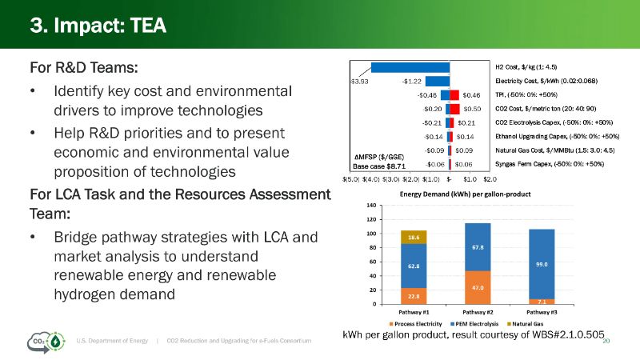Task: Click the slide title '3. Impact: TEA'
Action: click(x=99, y=28)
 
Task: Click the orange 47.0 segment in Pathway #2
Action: click(x=478, y=287)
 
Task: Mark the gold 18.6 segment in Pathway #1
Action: click(x=414, y=238)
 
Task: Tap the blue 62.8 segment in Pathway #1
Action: click(x=414, y=266)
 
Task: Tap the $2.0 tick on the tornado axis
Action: click(x=490, y=179)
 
